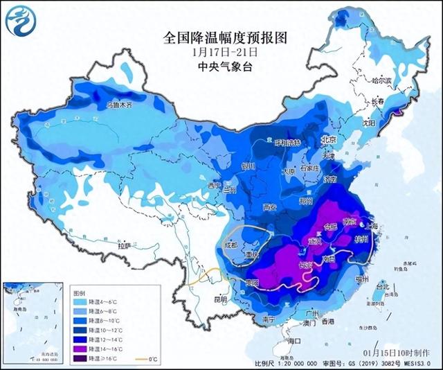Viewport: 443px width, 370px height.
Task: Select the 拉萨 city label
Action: coord(125,245)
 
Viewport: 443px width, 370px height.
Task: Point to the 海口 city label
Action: coord(296,341)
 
